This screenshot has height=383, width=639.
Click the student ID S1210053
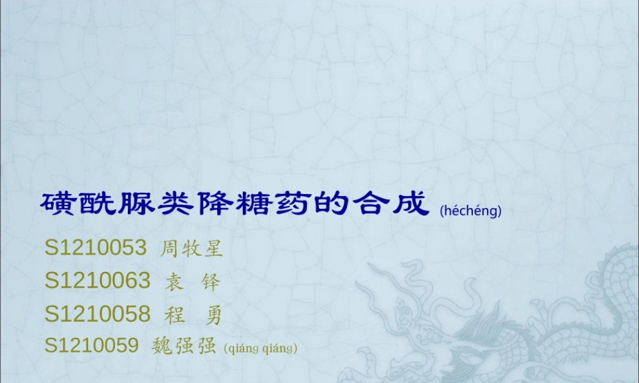pos(96,248)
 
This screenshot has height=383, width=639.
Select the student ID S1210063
pos(98,280)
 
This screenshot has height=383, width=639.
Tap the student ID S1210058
pos(98,313)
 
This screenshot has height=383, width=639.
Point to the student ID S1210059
pos(91,346)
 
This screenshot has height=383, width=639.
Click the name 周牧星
pos(190,248)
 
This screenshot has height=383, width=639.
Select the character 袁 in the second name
pos(174,281)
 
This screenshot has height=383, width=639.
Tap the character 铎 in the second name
pos(210,281)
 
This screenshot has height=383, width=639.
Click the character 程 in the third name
pos(174,314)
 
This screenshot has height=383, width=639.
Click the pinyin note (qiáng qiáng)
pos(261,348)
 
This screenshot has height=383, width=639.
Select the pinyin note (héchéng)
pos(470,211)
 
